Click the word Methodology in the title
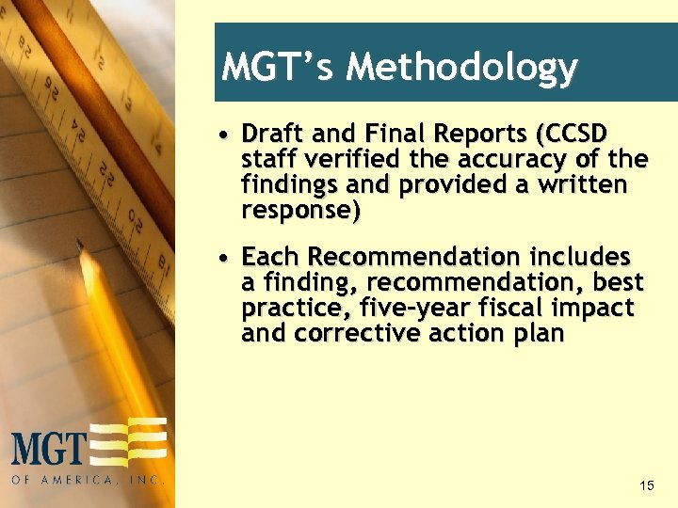click(461, 68)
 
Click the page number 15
click(646, 485)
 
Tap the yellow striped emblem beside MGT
click(130, 443)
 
